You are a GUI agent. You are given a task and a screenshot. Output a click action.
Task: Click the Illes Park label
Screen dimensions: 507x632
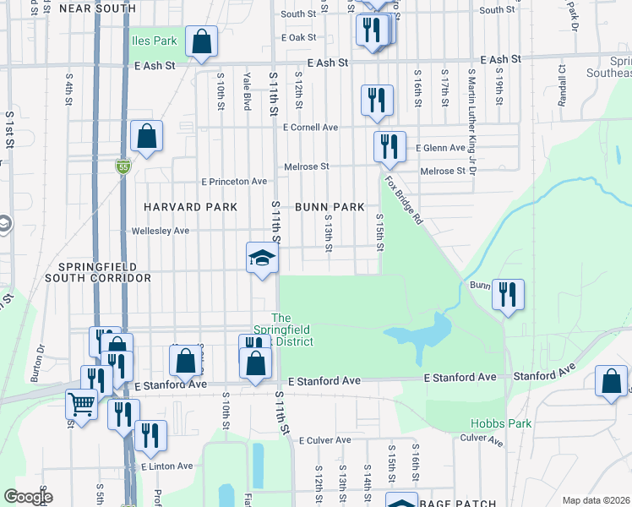click(x=153, y=41)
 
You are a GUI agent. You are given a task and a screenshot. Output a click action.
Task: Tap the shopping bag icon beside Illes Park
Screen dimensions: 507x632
click(x=202, y=41)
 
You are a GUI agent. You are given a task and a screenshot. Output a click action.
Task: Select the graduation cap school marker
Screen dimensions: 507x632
click(x=262, y=257)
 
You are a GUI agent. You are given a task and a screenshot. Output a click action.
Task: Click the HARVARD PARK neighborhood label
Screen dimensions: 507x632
click(x=185, y=207)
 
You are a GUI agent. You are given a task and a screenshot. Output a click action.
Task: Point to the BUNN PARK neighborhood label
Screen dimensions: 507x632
click(x=330, y=207)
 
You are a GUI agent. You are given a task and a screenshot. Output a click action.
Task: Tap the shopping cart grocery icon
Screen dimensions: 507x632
click(x=81, y=405)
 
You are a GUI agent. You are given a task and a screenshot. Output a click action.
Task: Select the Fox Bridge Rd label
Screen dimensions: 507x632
click(x=404, y=199)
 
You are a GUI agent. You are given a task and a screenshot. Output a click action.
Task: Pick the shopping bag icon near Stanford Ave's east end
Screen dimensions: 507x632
click(x=611, y=381)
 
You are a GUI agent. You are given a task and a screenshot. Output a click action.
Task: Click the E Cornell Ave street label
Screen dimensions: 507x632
click(x=311, y=128)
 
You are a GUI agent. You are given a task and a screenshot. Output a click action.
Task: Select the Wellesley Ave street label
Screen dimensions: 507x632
click(x=161, y=231)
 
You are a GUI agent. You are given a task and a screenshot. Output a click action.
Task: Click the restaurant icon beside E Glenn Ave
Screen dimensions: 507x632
click(x=390, y=146)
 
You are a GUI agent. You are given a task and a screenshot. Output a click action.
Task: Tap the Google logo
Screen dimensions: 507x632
click(x=27, y=497)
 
